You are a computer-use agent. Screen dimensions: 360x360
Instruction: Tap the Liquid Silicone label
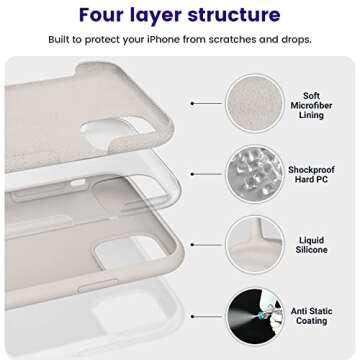(312, 244)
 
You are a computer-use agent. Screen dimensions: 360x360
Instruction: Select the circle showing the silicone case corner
(254, 244)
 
